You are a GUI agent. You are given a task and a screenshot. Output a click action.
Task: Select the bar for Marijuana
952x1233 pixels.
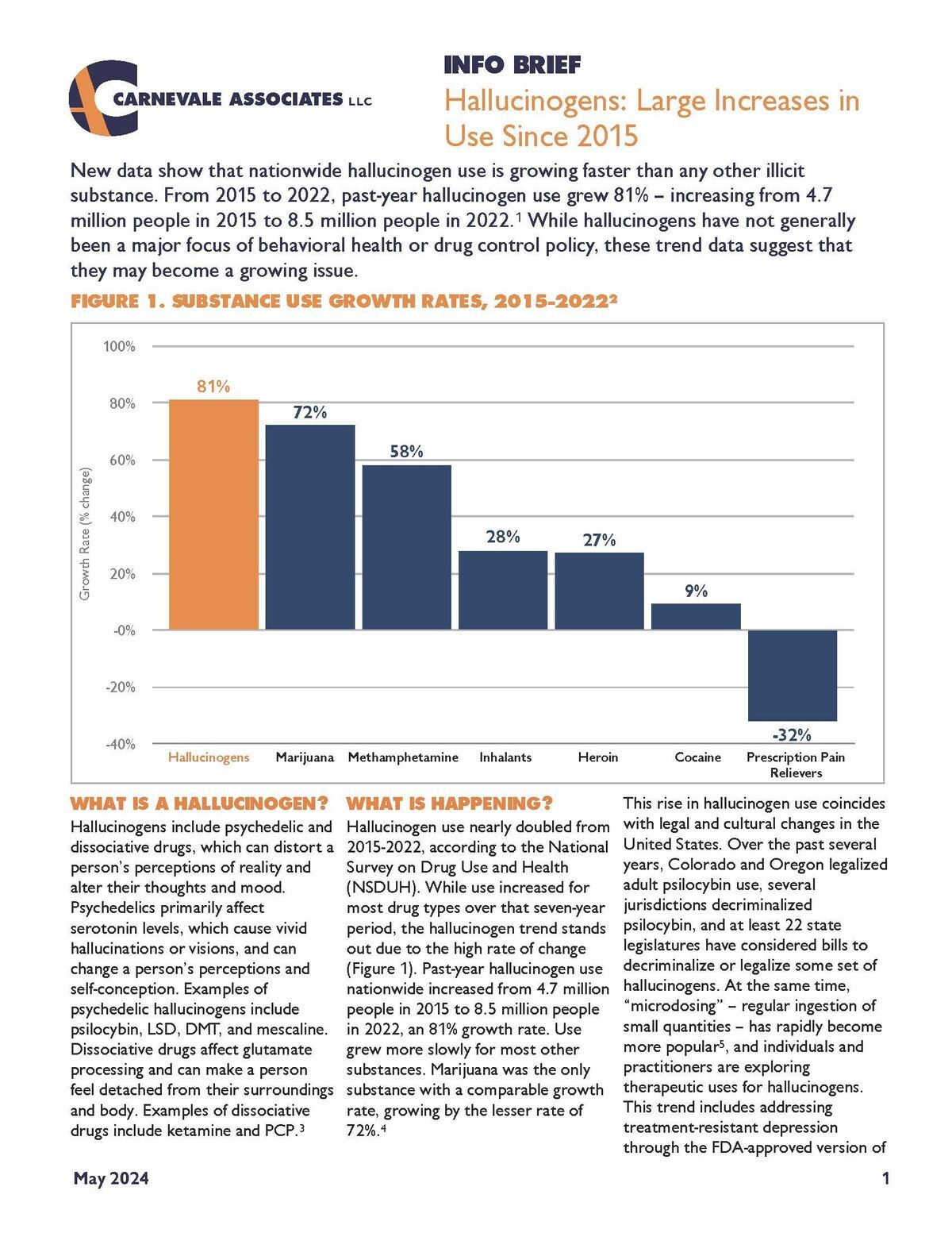(310, 527)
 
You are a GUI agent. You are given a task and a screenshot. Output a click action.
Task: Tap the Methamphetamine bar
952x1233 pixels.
(407, 547)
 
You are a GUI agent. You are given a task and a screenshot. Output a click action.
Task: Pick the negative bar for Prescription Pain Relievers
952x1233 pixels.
(793, 675)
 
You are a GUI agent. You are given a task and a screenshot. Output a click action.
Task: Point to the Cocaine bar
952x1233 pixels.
(696, 617)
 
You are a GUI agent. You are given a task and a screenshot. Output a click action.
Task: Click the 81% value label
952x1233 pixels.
(213, 387)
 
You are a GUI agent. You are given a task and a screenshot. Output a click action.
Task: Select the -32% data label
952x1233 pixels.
(792, 734)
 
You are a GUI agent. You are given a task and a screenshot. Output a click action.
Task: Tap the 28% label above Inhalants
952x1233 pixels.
(503, 537)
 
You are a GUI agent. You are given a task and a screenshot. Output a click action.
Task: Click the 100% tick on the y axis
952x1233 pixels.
(119, 347)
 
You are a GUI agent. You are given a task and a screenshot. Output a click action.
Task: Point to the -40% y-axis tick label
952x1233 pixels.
(120, 744)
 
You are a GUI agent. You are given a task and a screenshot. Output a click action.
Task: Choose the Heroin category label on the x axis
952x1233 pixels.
(598, 757)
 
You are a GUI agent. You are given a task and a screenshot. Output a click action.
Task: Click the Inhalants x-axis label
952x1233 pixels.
(505, 757)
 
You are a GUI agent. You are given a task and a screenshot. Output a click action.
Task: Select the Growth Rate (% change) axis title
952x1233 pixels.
(85, 534)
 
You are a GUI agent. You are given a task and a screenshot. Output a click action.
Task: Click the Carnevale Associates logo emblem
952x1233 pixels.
(103, 98)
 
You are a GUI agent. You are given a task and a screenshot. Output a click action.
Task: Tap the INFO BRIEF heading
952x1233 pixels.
(512, 65)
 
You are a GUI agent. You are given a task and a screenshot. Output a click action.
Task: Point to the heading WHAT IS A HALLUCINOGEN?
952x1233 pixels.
(199, 803)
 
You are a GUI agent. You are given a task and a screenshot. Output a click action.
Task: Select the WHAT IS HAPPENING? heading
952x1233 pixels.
(449, 803)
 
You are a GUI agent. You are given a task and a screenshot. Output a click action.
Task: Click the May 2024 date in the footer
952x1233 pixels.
(111, 1178)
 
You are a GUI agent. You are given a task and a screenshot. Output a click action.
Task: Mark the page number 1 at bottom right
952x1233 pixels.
(885, 1178)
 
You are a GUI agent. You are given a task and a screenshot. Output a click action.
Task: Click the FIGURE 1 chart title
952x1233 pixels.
(344, 301)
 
